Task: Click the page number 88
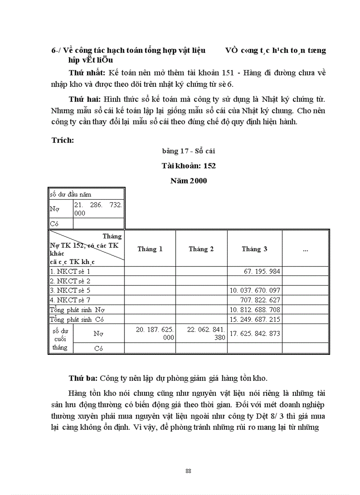pyautogui.click(x=188, y=471)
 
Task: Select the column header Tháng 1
pyautogui.click(x=150, y=249)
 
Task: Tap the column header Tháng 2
pyautogui.click(x=201, y=249)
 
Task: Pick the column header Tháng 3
pyautogui.click(x=254, y=249)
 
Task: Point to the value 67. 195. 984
pyautogui.click(x=262, y=272)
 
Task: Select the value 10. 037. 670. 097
pyautogui.click(x=255, y=290)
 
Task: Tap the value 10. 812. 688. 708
pyautogui.click(x=255, y=310)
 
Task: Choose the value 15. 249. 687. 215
pyautogui.click(x=255, y=319)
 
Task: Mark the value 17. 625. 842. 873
pyautogui.click(x=255, y=333)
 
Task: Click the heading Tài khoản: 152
pyautogui.click(x=188, y=166)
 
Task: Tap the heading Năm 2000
pyautogui.click(x=188, y=180)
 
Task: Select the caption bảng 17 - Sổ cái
pyautogui.click(x=188, y=151)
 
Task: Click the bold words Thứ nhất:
pyautogui.click(x=87, y=72)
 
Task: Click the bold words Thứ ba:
pyautogui.click(x=83, y=378)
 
